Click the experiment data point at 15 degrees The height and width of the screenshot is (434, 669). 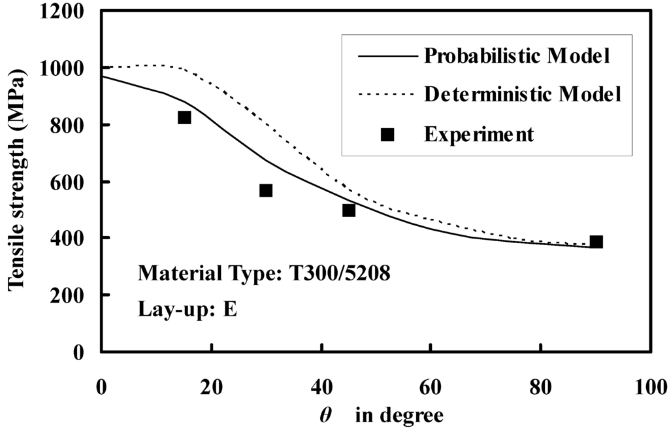[184, 118]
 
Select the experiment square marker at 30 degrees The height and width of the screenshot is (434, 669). [266, 190]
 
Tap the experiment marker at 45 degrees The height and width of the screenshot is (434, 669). [349, 210]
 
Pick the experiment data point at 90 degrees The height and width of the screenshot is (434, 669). [596, 242]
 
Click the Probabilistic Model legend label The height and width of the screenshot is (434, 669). [517, 56]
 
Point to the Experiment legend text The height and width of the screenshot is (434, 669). [479, 134]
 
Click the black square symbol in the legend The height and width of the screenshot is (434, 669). [387, 134]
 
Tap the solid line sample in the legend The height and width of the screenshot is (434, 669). [387, 56]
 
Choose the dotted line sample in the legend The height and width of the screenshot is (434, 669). [387, 95]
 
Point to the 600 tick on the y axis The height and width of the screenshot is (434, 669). [72, 182]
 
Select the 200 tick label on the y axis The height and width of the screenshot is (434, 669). [72, 295]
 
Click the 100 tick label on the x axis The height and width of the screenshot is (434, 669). [651, 386]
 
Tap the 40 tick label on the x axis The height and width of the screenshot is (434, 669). [321, 386]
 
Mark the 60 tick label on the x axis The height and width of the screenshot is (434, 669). [431, 386]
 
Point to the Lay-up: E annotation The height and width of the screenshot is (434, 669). [187, 309]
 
